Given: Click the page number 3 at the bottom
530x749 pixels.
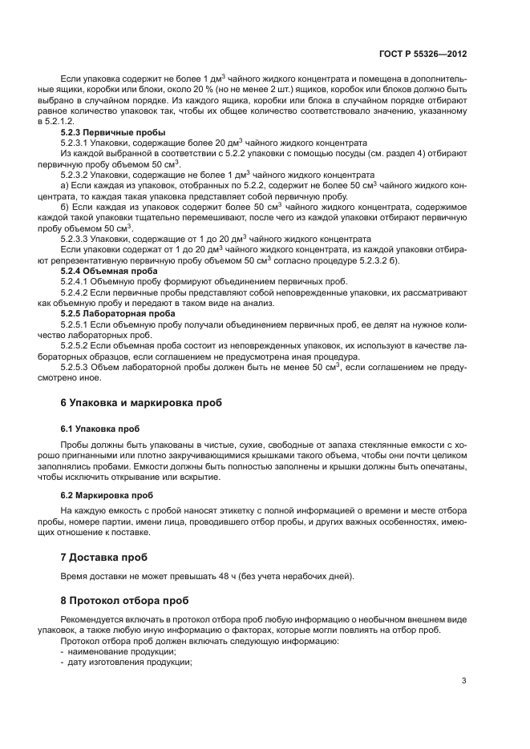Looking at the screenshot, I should [x=463, y=681].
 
